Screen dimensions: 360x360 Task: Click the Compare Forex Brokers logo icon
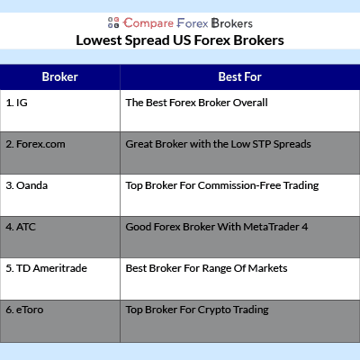(x=113, y=22)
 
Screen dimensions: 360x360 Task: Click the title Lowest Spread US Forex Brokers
(x=180, y=40)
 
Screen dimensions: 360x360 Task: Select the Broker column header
(x=60, y=76)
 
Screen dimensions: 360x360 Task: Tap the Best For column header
(x=240, y=76)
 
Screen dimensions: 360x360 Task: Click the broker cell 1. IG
(x=17, y=103)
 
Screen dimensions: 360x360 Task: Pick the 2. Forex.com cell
(x=35, y=144)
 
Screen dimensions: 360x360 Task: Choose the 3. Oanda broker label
(x=27, y=185)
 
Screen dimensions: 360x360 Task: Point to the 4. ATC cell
(x=21, y=227)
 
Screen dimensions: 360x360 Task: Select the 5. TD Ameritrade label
(x=47, y=268)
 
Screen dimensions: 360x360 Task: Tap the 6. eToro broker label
(x=24, y=310)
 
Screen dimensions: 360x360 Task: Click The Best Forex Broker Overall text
(x=197, y=103)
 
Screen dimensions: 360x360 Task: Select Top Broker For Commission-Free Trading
(x=222, y=186)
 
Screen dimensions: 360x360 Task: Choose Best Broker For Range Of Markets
(x=207, y=268)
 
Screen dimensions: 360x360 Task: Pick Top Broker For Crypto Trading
(x=197, y=310)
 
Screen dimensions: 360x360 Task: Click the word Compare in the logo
(x=148, y=23)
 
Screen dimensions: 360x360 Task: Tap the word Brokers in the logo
(x=232, y=23)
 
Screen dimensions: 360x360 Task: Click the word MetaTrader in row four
(x=272, y=227)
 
